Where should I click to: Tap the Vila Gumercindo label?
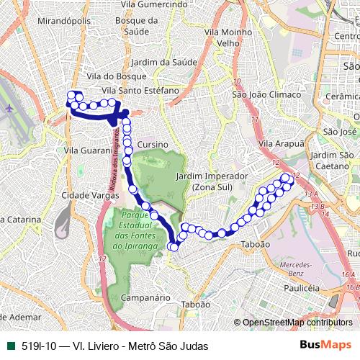pyautogui.click(x=153, y=4)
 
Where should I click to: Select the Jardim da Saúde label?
pyautogui.click(x=164, y=62)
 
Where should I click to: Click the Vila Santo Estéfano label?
pyautogui.click(x=140, y=90)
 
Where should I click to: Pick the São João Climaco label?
pyautogui.click(x=261, y=94)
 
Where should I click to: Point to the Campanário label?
pyautogui.click(x=145, y=297)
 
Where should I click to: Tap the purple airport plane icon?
pyautogui.click(x=9, y=108)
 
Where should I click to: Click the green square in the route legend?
pyautogui.click(x=9, y=345)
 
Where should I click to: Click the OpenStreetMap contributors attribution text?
pyautogui.click(x=297, y=323)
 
